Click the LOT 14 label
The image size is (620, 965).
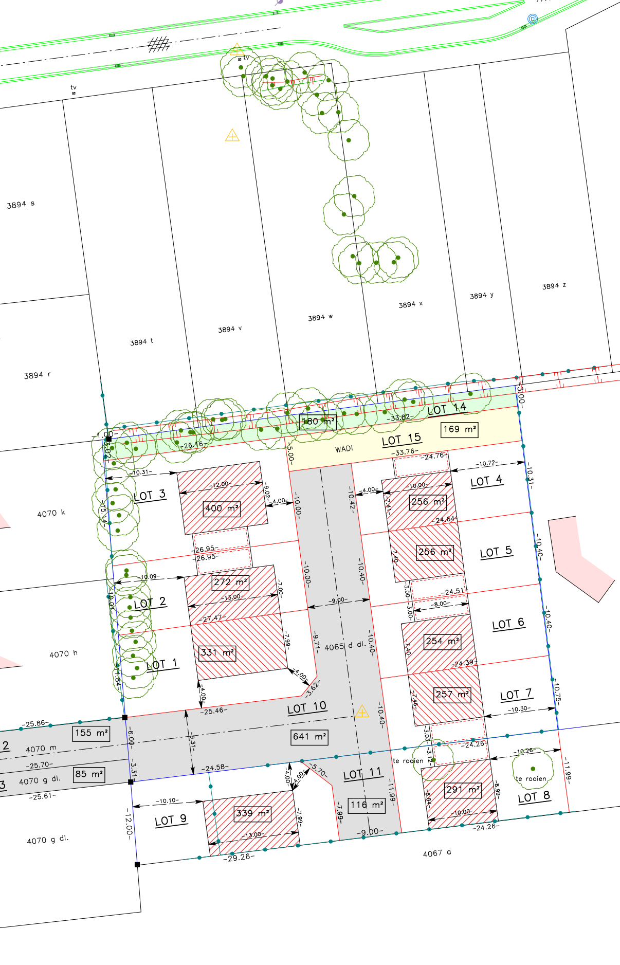(x=447, y=409)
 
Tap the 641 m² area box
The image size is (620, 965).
(x=309, y=737)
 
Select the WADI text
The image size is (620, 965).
(x=344, y=449)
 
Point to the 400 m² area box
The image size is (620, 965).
(x=222, y=508)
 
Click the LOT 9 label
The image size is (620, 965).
(x=171, y=820)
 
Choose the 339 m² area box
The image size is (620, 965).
(x=252, y=813)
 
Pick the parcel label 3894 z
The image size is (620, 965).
(x=554, y=286)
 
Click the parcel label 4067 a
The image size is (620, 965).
(x=436, y=853)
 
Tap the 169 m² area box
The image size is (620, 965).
(x=460, y=429)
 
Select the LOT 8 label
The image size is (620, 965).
(x=534, y=797)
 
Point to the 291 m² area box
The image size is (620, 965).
(x=463, y=790)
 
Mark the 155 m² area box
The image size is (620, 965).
(x=92, y=733)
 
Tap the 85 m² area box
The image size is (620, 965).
(x=89, y=774)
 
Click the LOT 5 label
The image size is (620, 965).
(x=496, y=552)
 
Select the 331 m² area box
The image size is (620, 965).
(x=217, y=653)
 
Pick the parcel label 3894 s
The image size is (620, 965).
(x=21, y=204)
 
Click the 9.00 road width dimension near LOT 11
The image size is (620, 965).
(x=370, y=832)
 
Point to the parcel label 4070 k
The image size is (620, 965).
(x=51, y=513)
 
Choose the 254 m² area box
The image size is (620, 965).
(x=442, y=641)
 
